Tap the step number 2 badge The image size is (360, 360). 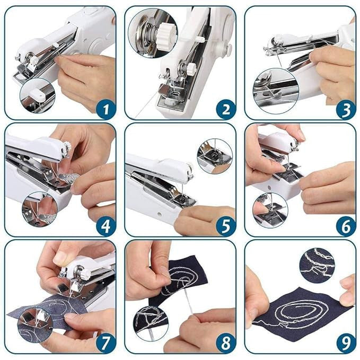pos(225,110)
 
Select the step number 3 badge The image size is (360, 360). pos(345,110)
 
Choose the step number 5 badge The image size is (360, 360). pos(225,226)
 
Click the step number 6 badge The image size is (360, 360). pos(345,226)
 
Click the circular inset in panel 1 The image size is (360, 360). pos(38,95)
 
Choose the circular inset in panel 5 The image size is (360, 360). pos(214,156)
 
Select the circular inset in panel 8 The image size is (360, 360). pos(151,321)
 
